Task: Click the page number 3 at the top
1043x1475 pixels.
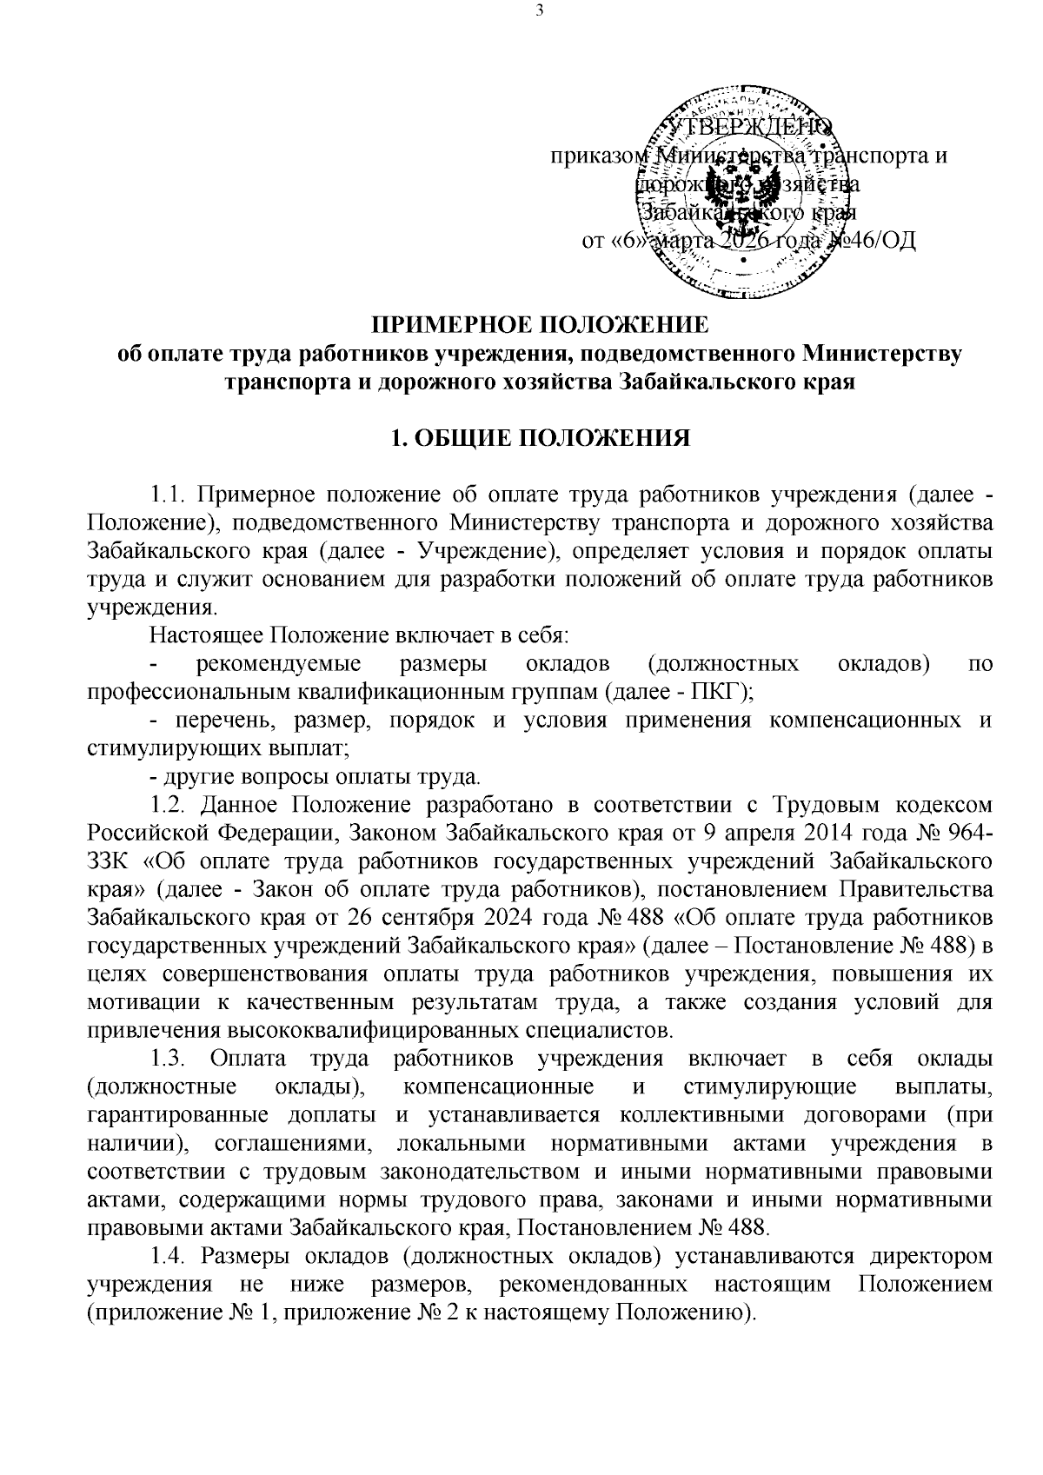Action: [x=539, y=11]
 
